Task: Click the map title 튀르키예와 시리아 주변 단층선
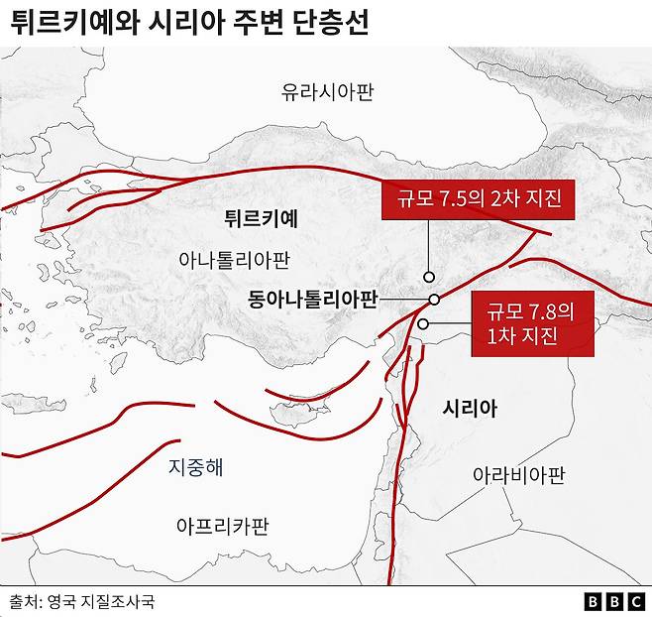189,24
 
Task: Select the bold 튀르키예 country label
262,215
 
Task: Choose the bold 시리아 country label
470,409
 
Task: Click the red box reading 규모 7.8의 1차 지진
531,323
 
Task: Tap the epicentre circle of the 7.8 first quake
423,323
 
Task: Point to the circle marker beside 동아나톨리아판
434,300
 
